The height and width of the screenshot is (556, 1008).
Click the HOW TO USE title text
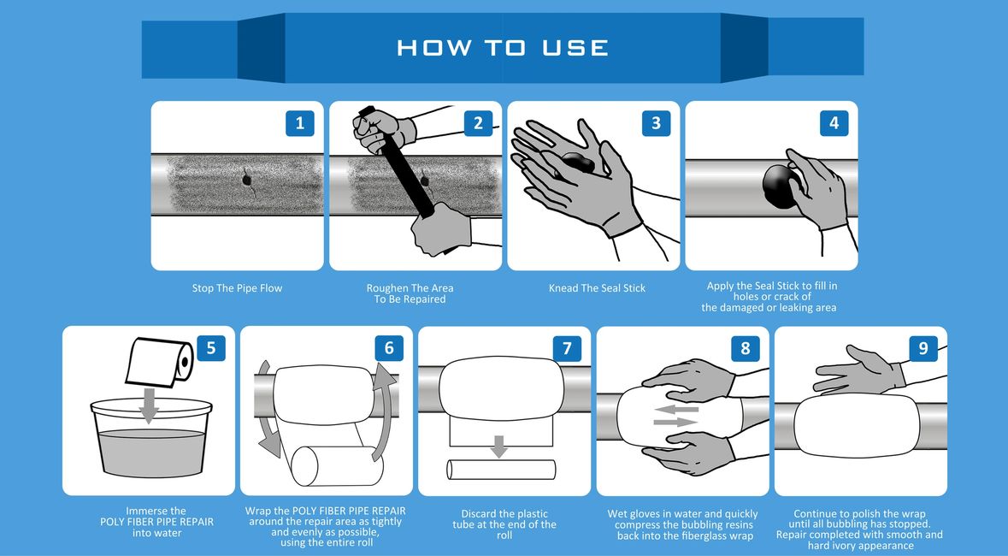pyautogui.click(x=503, y=48)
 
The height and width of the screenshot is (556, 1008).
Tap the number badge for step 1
pyautogui.click(x=299, y=123)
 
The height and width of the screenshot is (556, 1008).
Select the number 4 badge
pyautogui.click(x=834, y=123)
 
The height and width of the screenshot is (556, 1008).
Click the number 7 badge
pyautogui.click(x=567, y=348)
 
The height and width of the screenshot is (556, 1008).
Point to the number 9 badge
pyautogui.click(x=923, y=348)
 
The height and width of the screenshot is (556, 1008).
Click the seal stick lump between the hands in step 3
pyautogui.click(x=577, y=163)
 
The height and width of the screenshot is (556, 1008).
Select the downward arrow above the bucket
pyautogui.click(x=149, y=405)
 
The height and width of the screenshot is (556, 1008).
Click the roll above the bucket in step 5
pyautogui.click(x=160, y=362)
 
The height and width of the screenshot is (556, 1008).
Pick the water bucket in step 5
pyautogui.click(x=151, y=438)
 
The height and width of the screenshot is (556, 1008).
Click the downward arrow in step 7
pyautogui.click(x=498, y=447)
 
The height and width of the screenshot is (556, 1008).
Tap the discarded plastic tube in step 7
pyautogui.click(x=501, y=469)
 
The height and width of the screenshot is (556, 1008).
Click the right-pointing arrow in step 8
pyautogui.click(x=675, y=423)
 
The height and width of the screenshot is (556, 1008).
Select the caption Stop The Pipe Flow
pyautogui.click(x=237, y=288)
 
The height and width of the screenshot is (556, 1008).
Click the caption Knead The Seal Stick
pyautogui.click(x=598, y=288)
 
